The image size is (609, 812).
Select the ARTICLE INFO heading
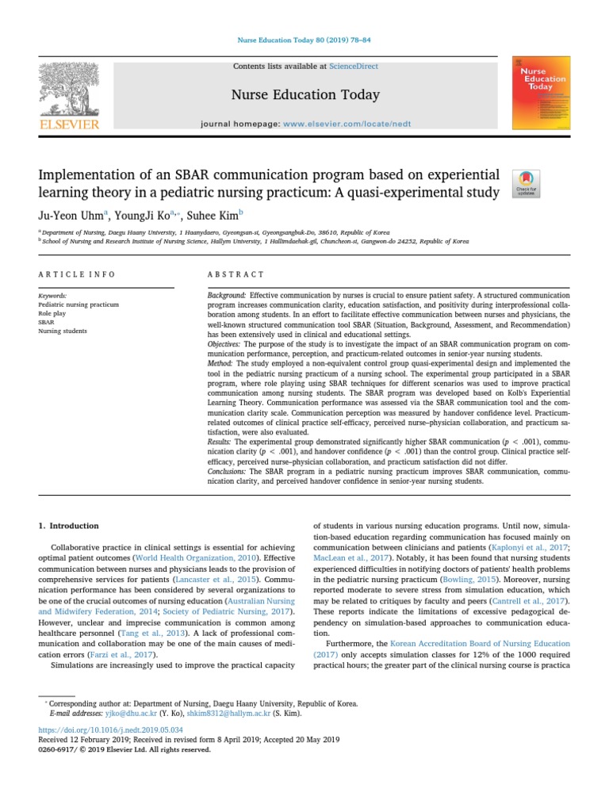tap(77, 274)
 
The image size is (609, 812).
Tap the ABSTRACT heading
tap(236, 274)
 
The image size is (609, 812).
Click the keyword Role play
tap(52, 313)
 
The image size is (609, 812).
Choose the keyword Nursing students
tap(63, 331)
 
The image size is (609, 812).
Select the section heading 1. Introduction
tap(69, 526)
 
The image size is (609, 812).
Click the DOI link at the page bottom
tap(111, 729)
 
